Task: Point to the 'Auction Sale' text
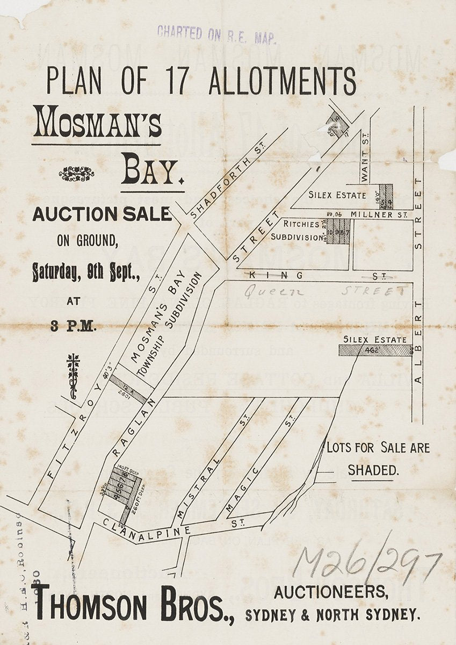[x=102, y=214]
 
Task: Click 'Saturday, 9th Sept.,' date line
[x=86, y=271]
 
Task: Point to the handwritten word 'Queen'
[x=274, y=292]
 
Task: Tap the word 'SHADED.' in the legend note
[x=373, y=470]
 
